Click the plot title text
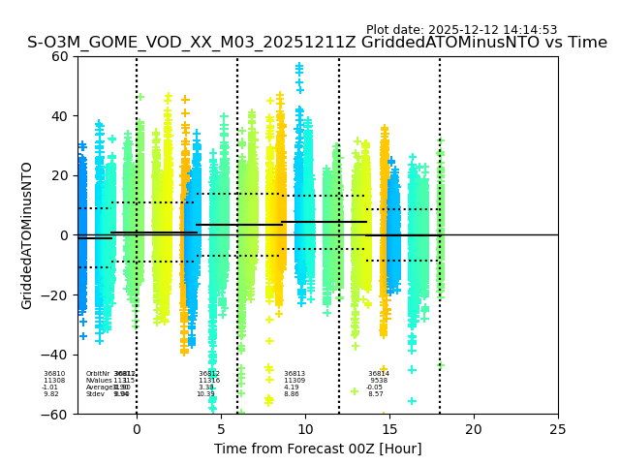point(317,43)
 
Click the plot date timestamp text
point(461,30)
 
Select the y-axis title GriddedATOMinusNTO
point(27,235)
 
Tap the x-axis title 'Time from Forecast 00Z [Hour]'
point(318,449)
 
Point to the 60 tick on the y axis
point(59,56)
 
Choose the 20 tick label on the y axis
point(59,175)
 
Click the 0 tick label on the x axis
point(137,429)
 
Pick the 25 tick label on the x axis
point(558,429)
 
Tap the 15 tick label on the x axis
point(389,429)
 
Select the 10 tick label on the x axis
point(305,429)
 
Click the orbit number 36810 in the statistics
point(54,374)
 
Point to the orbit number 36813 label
point(294,374)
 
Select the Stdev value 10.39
point(205,394)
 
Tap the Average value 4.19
point(292,387)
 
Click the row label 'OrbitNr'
point(97,374)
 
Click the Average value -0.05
point(375,387)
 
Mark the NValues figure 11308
point(54,381)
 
